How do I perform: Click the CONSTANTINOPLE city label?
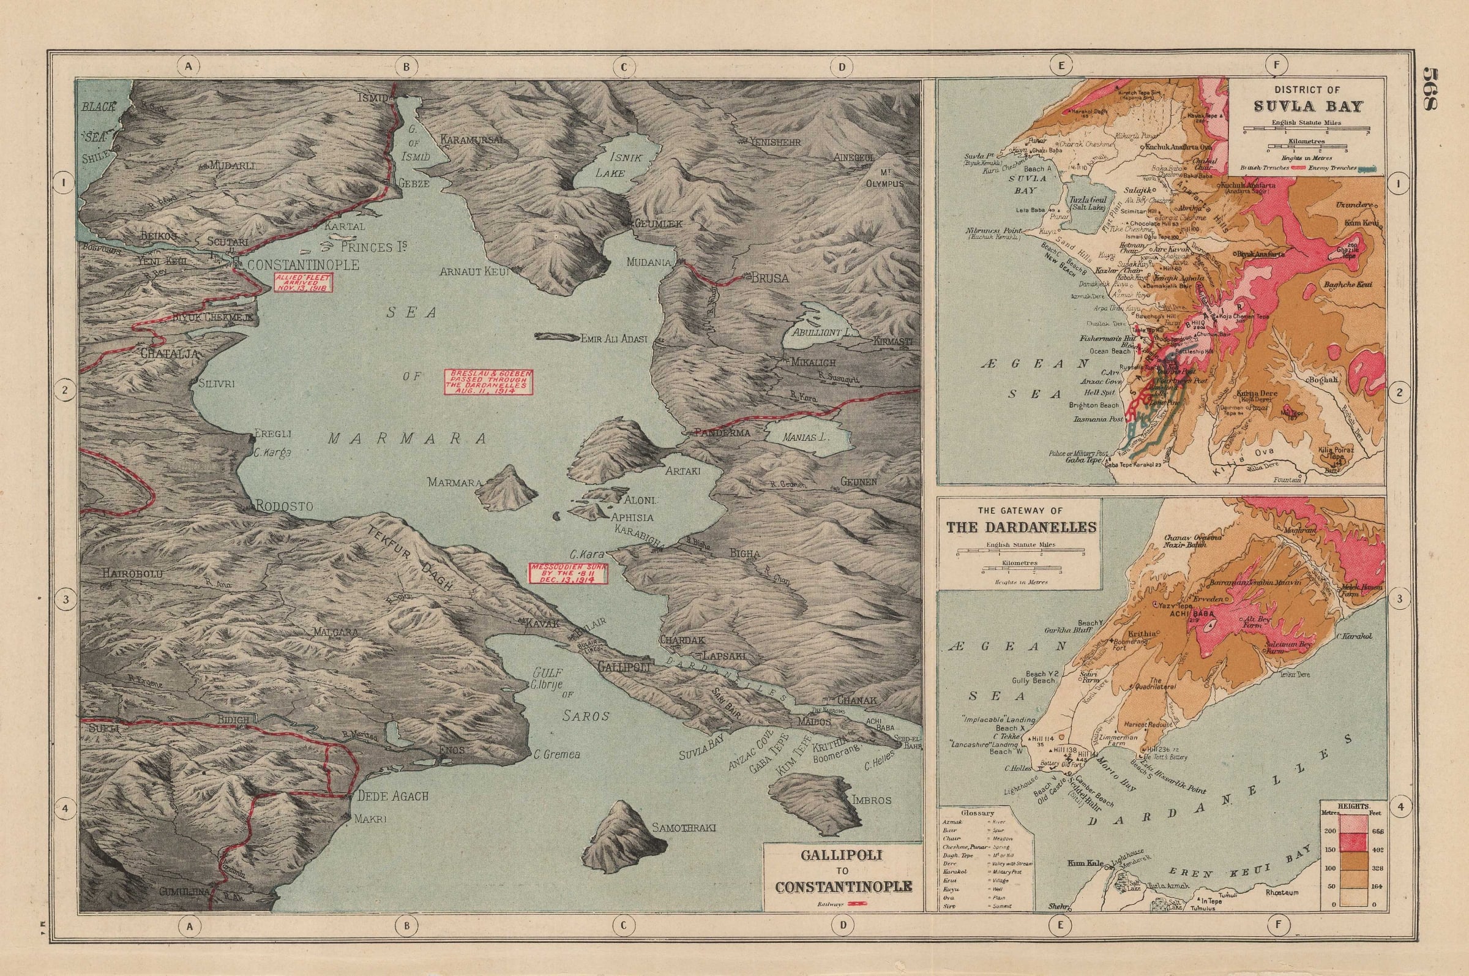(x=303, y=265)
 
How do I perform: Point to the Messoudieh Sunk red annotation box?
(x=567, y=574)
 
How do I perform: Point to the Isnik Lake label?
(x=610, y=165)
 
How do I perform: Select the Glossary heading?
(x=977, y=813)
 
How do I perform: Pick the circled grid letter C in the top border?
(x=623, y=66)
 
